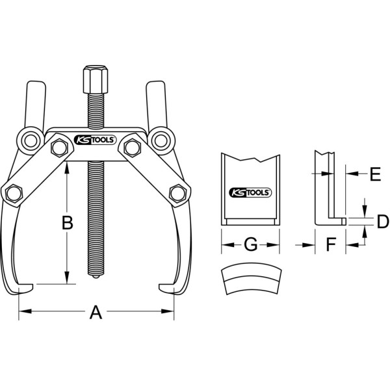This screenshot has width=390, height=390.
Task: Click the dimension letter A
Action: tap(96, 313)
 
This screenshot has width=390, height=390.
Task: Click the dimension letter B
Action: tap(67, 222)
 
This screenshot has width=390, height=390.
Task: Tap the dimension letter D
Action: tap(383, 222)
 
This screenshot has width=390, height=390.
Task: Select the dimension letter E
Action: tap(375, 174)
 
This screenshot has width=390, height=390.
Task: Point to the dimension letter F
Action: tap(331, 244)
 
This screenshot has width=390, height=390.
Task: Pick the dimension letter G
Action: tap(250, 244)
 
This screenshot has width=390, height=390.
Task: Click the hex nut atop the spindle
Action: tap(96, 79)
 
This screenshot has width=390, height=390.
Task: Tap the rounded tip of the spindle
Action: tap(96, 276)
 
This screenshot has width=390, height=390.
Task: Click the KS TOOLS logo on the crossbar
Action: tap(96, 140)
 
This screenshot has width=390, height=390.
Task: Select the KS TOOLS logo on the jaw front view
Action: tap(250, 192)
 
